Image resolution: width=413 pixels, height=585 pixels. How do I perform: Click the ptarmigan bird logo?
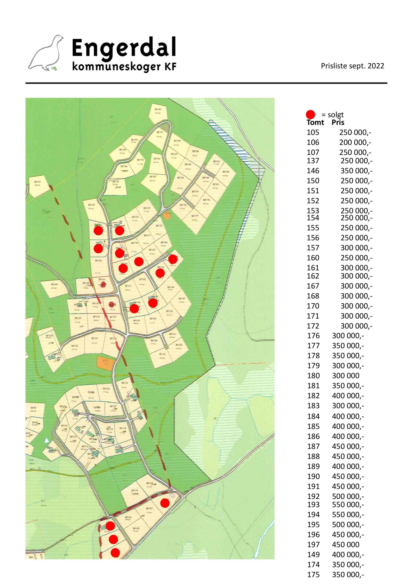point(46,53)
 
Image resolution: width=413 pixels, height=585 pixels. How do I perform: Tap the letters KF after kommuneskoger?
point(170,66)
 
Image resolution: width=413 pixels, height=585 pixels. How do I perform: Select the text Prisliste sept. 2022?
point(352,66)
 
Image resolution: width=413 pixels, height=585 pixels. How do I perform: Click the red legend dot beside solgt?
point(310,114)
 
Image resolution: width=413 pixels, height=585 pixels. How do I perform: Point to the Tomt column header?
point(315,122)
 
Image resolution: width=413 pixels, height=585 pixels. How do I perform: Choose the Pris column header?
point(338,122)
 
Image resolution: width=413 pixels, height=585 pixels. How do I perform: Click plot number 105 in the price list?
point(313,132)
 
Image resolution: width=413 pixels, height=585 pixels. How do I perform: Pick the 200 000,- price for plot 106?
point(355,142)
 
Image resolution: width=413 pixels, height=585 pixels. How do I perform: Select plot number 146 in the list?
point(313,171)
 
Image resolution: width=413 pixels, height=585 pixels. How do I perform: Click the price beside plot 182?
point(348,396)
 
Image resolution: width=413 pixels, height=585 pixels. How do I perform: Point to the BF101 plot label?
point(37,182)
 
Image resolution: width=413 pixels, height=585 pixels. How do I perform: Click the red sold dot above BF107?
point(165,503)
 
